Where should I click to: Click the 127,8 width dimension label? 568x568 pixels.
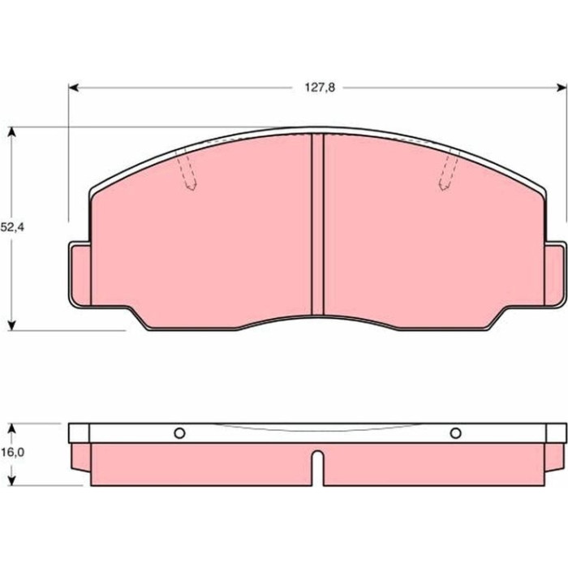(x=320, y=88)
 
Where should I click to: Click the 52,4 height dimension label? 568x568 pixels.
(x=12, y=227)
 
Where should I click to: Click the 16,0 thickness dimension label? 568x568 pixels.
(x=12, y=453)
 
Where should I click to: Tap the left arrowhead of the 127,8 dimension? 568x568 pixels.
(x=74, y=88)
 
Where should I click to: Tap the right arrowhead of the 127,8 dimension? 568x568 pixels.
(x=562, y=88)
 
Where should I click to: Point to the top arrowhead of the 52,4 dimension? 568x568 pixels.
(x=12, y=131)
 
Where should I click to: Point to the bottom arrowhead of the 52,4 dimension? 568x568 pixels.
(x=12, y=325)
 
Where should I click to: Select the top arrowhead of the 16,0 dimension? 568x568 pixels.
(x=12, y=428)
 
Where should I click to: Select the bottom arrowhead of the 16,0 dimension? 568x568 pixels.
(x=12, y=480)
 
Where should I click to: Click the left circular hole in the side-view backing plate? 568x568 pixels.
(x=179, y=432)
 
